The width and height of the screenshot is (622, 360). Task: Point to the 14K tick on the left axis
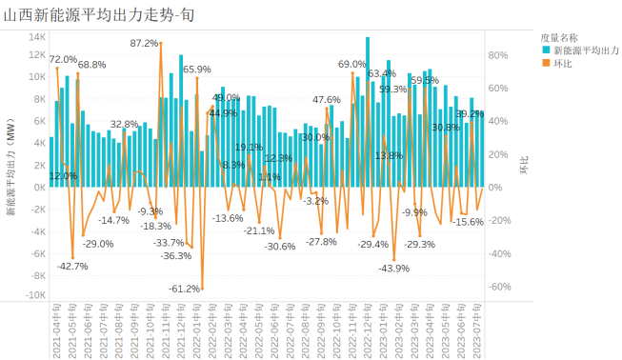coord(37,37)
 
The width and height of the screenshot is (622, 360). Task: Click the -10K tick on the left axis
coord(34,296)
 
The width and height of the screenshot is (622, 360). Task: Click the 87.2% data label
coord(145,44)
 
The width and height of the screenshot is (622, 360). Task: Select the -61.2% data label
coord(185,288)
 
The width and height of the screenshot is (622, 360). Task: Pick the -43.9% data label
coord(393,268)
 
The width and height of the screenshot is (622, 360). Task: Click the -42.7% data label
coord(73,266)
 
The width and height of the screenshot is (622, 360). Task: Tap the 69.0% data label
coord(351,64)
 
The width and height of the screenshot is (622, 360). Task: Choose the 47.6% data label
coord(326,100)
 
